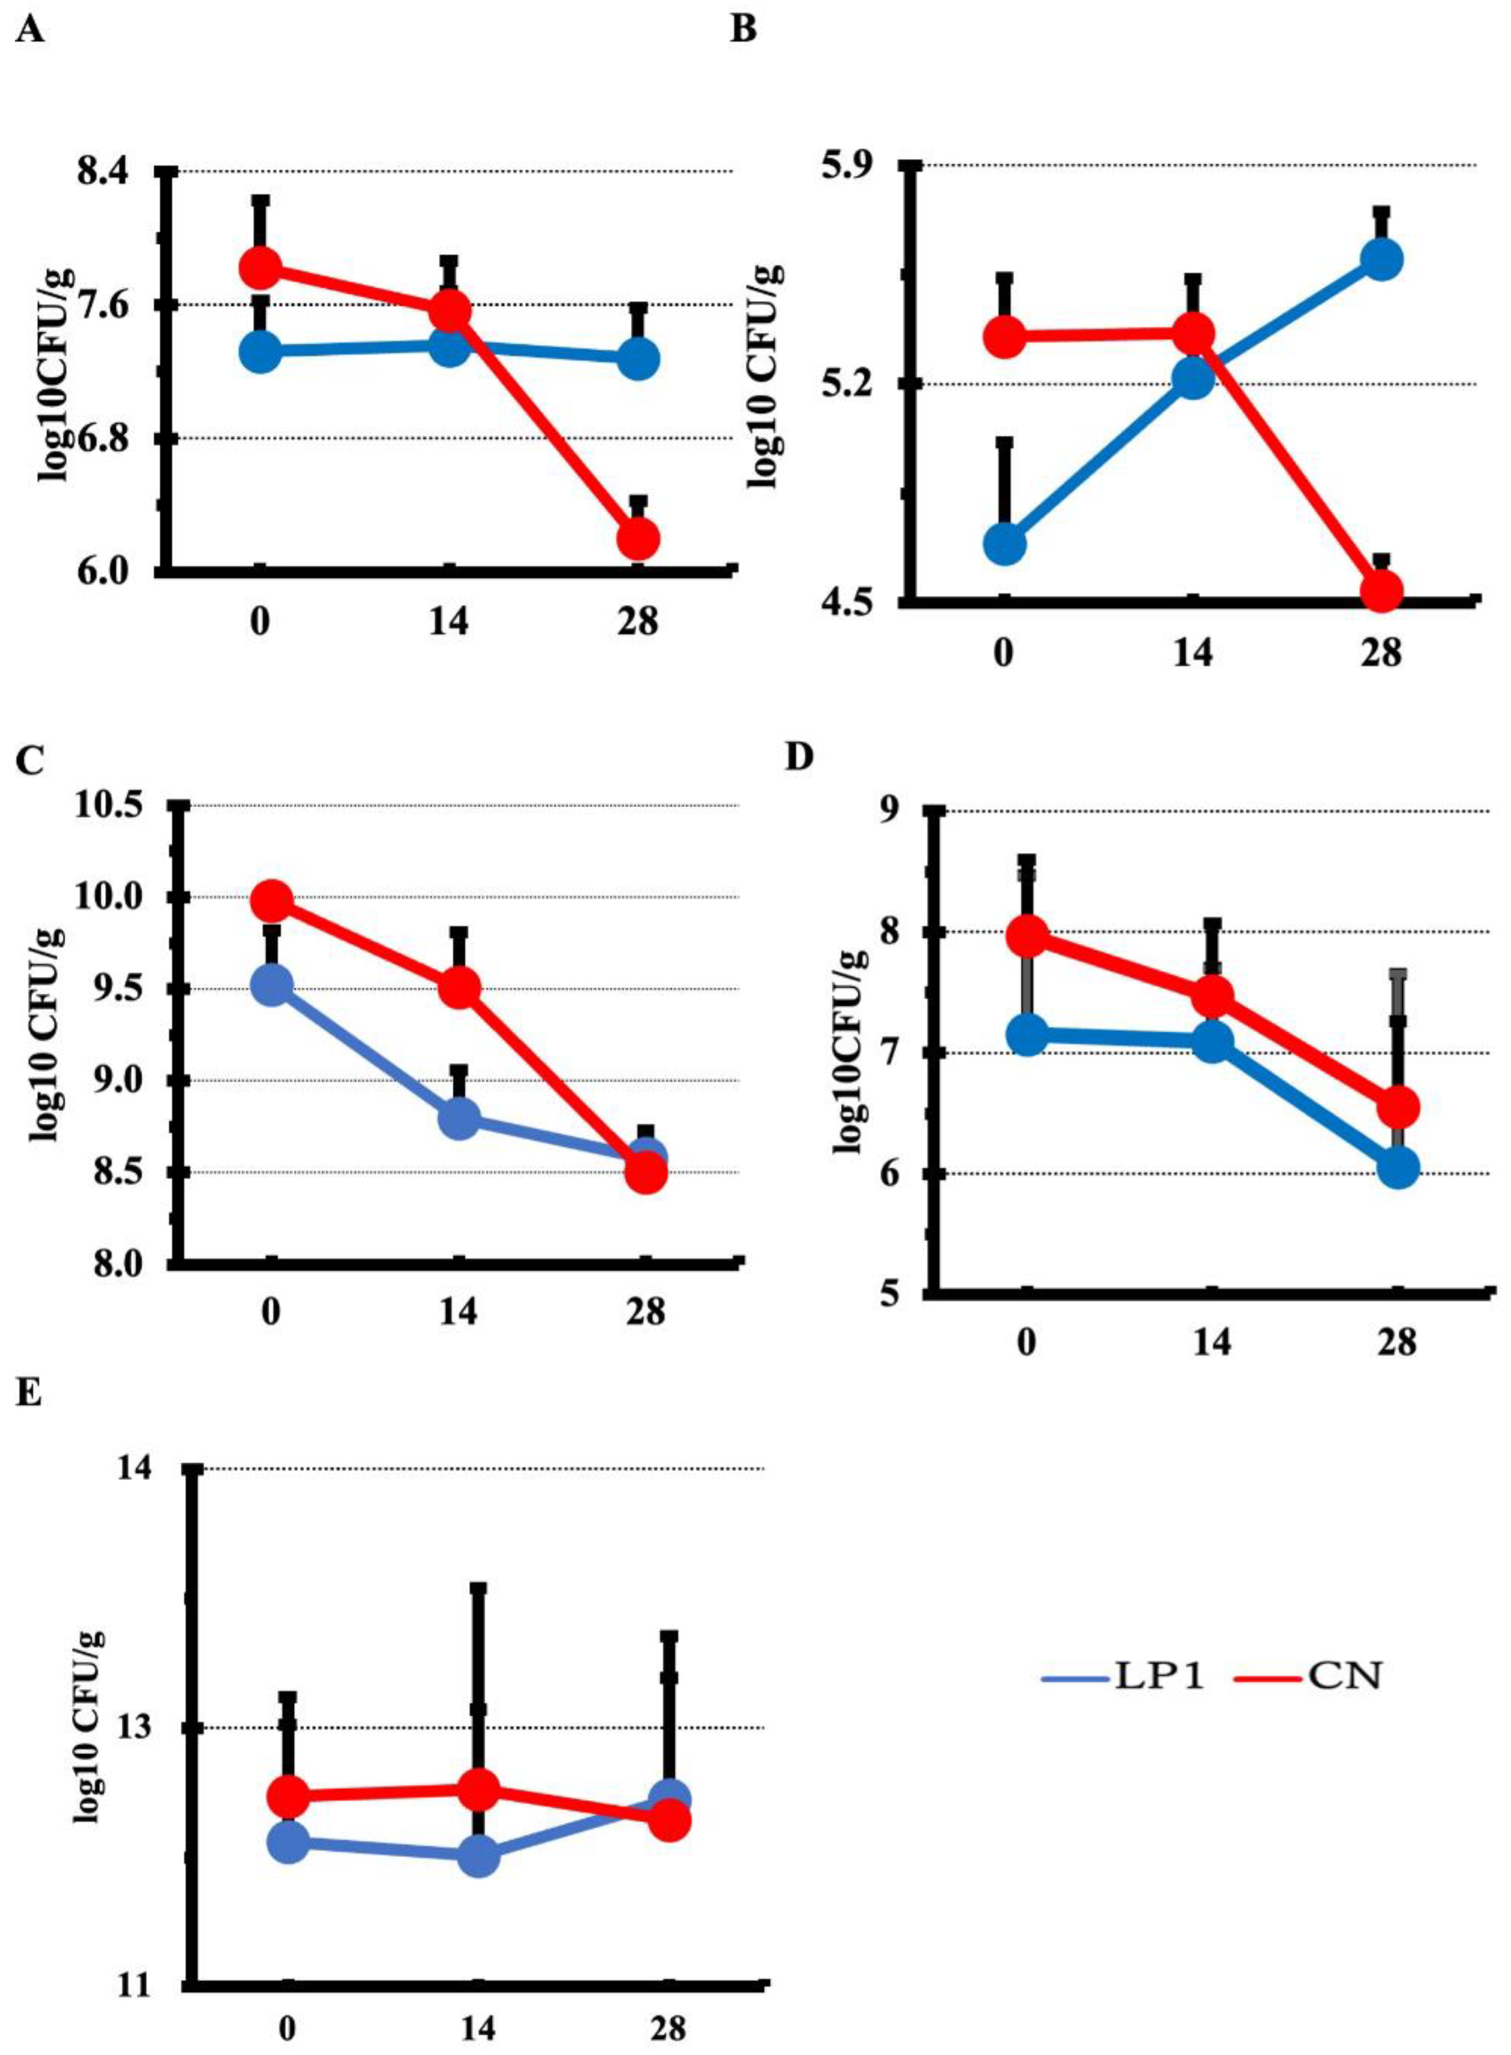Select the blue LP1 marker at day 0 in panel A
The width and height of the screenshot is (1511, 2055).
[261, 351]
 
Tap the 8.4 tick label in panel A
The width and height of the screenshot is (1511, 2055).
[104, 171]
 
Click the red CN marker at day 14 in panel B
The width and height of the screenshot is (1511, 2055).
[1193, 334]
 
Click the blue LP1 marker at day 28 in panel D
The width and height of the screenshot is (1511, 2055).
[1397, 1168]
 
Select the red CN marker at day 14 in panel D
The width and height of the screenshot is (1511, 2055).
[1213, 994]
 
